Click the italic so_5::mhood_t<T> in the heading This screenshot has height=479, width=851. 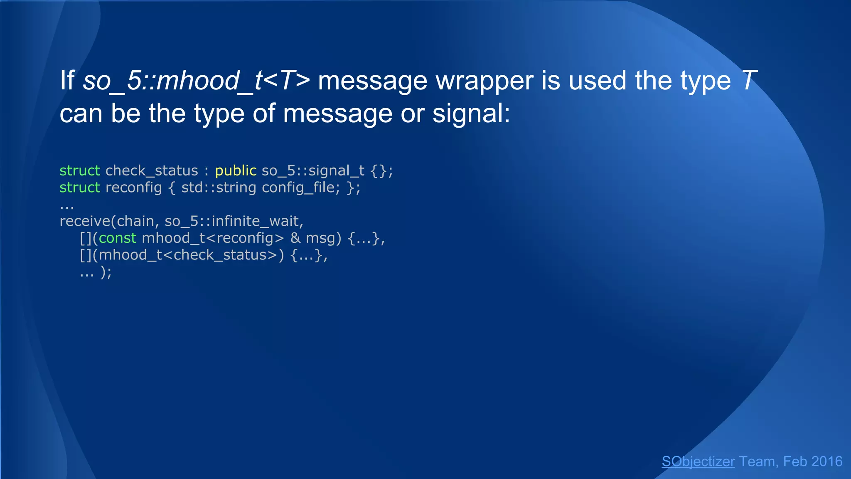[196, 80]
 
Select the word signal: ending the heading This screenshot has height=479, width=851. [471, 113]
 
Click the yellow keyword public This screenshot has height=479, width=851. [236, 170]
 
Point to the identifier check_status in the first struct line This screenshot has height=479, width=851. [152, 170]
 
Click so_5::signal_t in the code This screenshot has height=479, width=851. [313, 170]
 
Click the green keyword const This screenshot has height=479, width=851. [118, 238]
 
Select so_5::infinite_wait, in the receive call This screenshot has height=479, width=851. [234, 221]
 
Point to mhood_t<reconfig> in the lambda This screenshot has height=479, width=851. [213, 238]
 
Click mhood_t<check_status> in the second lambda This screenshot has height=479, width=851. [188, 255]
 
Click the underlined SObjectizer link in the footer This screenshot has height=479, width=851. [698, 462]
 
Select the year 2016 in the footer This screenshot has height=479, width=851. [826, 462]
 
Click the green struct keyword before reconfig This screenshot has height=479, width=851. [80, 188]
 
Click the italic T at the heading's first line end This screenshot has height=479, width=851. [748, 80]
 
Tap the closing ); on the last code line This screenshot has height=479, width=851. [106, 272]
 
